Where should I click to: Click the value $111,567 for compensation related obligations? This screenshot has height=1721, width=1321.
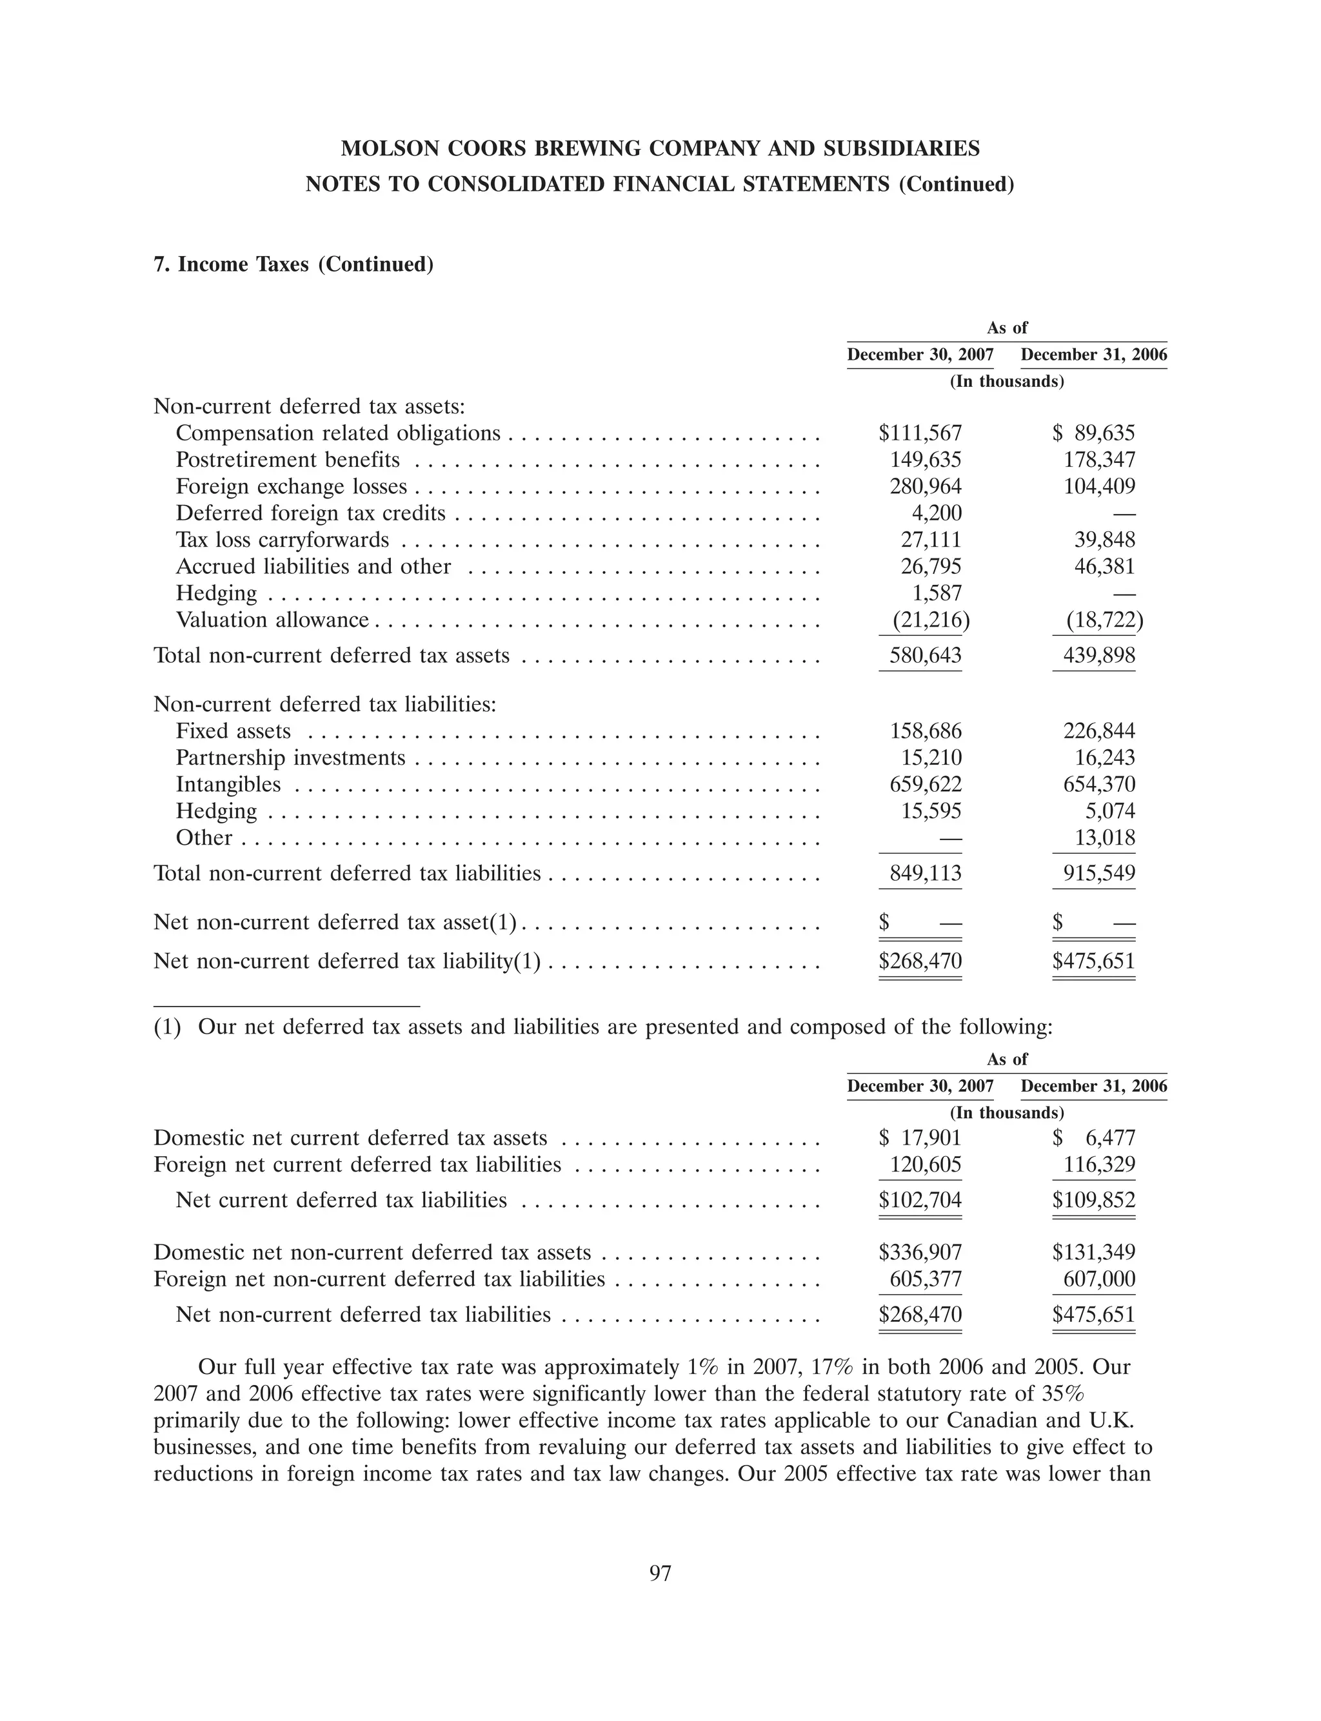point(920,433)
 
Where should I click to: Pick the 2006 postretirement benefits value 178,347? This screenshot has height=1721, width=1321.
point(1098,460)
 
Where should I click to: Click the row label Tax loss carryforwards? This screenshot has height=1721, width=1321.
point(283,540)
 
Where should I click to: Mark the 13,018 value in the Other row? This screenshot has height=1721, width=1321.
point(1105,838)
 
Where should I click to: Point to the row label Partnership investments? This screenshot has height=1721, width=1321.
point(290,758)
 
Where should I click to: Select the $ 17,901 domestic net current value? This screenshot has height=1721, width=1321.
point(920,1138)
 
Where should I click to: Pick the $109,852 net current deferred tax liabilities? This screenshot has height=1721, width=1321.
point(1094,1200)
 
